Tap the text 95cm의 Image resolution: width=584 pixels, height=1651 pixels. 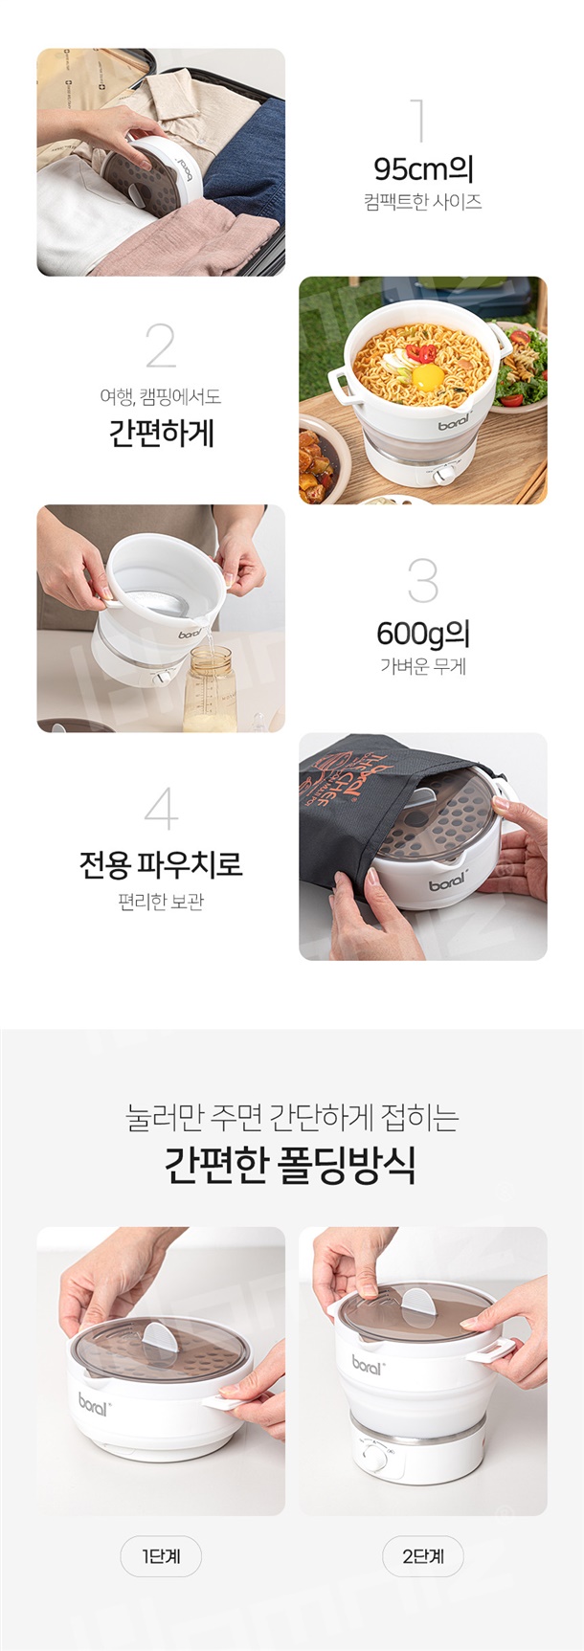(423, 169)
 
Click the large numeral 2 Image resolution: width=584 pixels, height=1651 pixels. (161, 345)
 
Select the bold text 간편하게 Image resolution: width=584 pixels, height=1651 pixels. (161, 434)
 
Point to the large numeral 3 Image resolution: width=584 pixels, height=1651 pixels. (422, 581)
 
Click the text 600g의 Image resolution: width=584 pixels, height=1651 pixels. (423, 634)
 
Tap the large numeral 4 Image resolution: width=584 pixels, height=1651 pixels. (161, 808)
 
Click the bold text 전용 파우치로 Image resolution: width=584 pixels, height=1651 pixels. (161, 864)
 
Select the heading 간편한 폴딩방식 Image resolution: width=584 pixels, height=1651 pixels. (290, 1165)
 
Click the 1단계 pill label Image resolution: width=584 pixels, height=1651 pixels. (161, 1556)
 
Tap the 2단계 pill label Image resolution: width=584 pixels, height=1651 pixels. (423, 1556)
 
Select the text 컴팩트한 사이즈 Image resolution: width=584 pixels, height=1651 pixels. (423, 202)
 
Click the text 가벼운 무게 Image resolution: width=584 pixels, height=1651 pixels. (423, 666)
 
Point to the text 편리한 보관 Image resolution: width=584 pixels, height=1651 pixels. (161, 902)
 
